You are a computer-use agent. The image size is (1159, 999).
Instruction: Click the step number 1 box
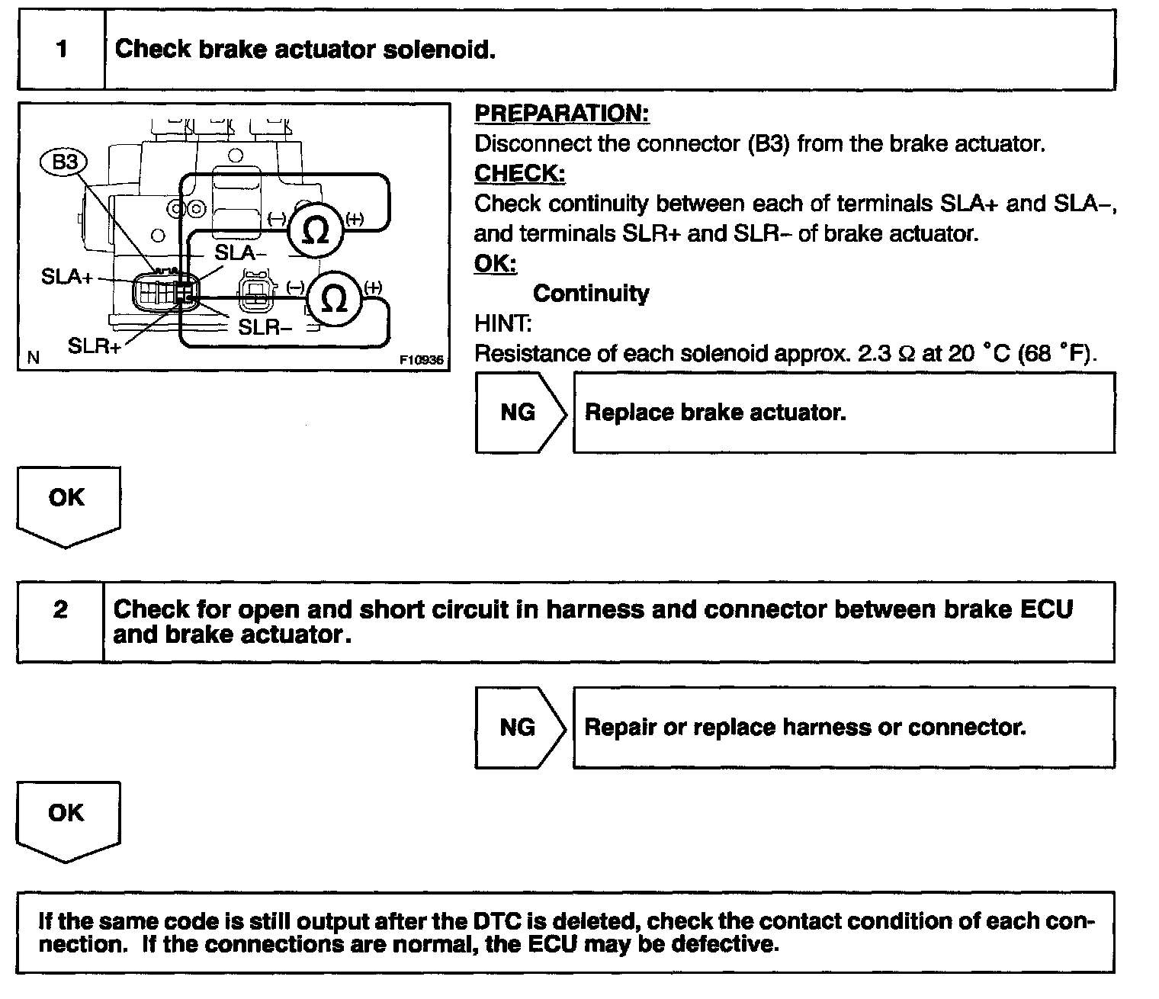(x=61, y=50)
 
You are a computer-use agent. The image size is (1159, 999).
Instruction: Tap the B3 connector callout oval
(x=65, y=163)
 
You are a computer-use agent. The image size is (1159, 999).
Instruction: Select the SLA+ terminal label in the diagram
(x=67, y=277)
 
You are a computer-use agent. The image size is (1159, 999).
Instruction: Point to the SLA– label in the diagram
(x=240, y=253)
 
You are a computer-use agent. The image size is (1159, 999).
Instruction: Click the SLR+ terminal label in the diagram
(x=94, y=346)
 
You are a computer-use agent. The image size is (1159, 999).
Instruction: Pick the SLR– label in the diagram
(x=265, y=327)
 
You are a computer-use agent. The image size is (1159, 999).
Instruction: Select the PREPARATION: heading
(x=561, y=114)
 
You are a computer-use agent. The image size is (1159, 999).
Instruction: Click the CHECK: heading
(x=519, y=174)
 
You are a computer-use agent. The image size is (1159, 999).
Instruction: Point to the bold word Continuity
(x=591, y=294)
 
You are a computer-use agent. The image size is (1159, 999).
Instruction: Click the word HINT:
(x=502, y=323)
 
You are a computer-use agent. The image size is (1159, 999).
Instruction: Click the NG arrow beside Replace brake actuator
(x=519, y=413)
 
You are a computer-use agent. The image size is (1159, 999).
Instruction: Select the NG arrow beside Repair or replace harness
(x=518, y=728)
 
